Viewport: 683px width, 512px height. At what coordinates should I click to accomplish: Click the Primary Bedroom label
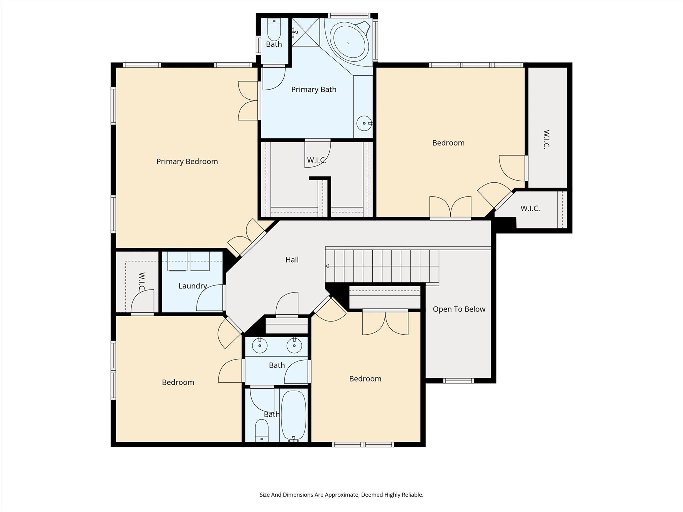coord(187,161)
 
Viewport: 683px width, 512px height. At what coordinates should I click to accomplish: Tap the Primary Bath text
coord(314,89)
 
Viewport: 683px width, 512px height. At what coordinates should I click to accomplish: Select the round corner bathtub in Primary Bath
coord(349,42)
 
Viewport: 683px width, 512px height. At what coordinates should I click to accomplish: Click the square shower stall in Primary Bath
coord(306,32)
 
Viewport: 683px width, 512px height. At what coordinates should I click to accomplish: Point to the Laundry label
coord(193,286)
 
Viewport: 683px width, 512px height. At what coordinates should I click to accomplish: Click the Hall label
coord(292,260)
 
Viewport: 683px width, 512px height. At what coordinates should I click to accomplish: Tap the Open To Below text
coord(459,309)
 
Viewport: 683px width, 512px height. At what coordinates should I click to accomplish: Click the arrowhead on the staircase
coord(327,266)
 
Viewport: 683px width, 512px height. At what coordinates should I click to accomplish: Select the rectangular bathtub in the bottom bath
coord(294,415)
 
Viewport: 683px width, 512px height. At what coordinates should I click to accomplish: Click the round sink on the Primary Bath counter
coord(364,123)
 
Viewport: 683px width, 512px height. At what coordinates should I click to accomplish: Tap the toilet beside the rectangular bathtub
coord(262,430)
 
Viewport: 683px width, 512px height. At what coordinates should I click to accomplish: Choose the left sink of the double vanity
coord(260,346)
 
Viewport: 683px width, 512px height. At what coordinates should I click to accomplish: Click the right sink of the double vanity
coord(294,346)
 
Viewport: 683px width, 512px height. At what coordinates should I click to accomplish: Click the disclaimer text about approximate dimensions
coord(341,495)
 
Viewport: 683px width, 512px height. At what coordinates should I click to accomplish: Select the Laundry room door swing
coord(210,298)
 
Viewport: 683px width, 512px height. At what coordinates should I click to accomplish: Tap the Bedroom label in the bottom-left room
coord(178,382)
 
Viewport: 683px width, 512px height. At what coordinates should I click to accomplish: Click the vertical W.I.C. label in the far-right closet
coord(547,139)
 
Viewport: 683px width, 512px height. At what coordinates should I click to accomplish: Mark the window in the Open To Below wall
coord(458,381)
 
